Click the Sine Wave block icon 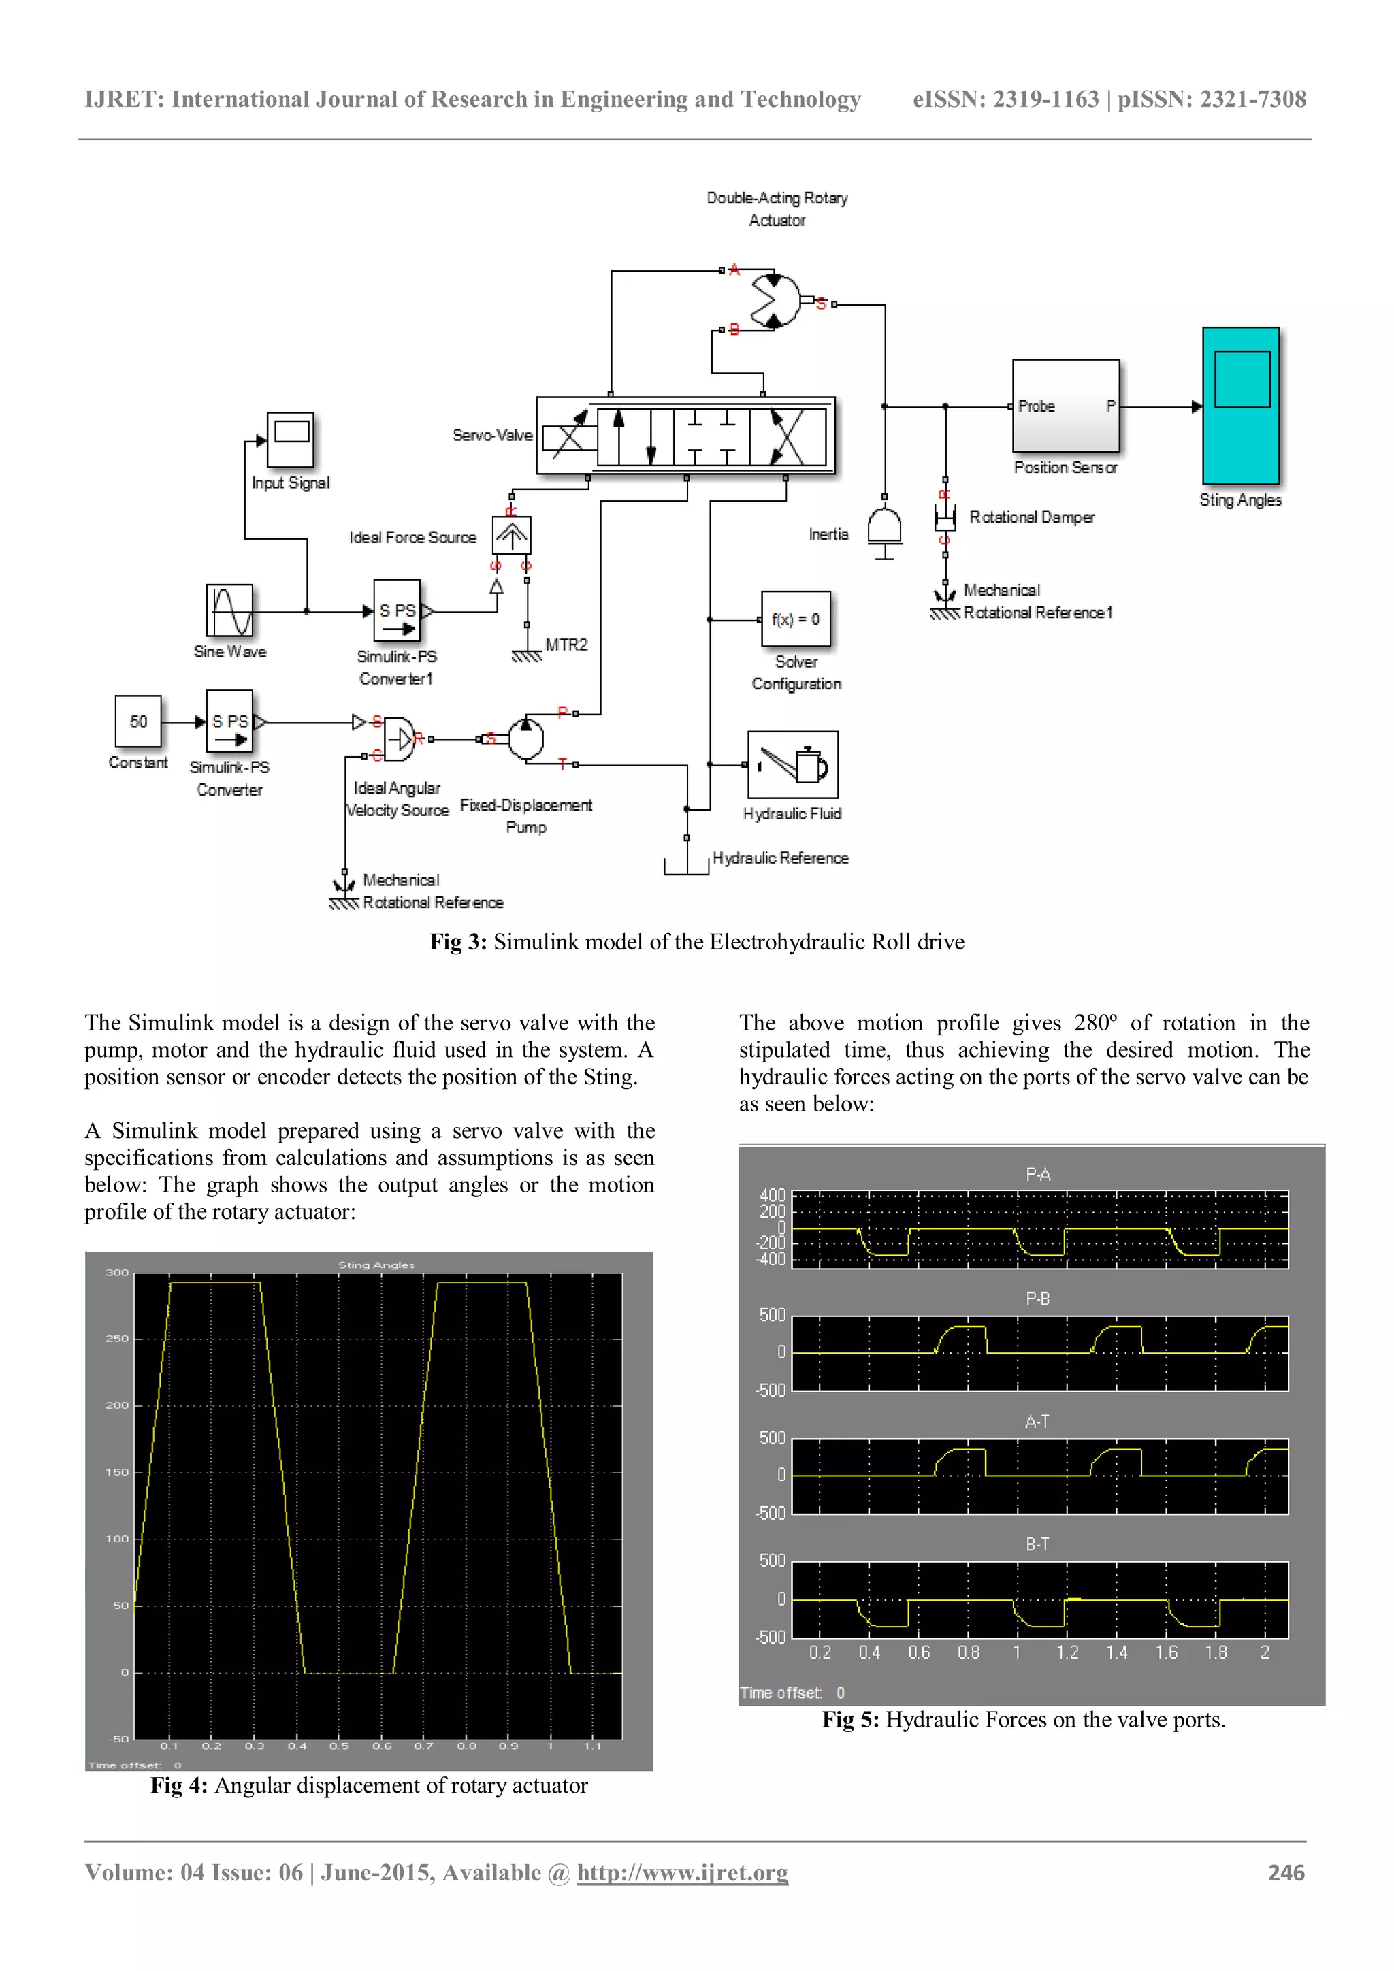coord(229,610)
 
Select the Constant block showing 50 coord(138,721)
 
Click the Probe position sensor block coord(1065,406)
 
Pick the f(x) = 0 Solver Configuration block coord(796,619)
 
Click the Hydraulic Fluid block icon coord(792,764)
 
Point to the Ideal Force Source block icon coord(512,536)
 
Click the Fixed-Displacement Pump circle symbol coord(526,738)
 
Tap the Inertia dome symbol coord(884,526)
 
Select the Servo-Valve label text coord(492,435)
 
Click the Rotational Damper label coord(1032,517)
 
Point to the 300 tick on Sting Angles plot coord(117,1272)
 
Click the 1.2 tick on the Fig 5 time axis coord(1067,1652)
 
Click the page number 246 coord(1286,1872)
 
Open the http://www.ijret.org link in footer coord(683,1872)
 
